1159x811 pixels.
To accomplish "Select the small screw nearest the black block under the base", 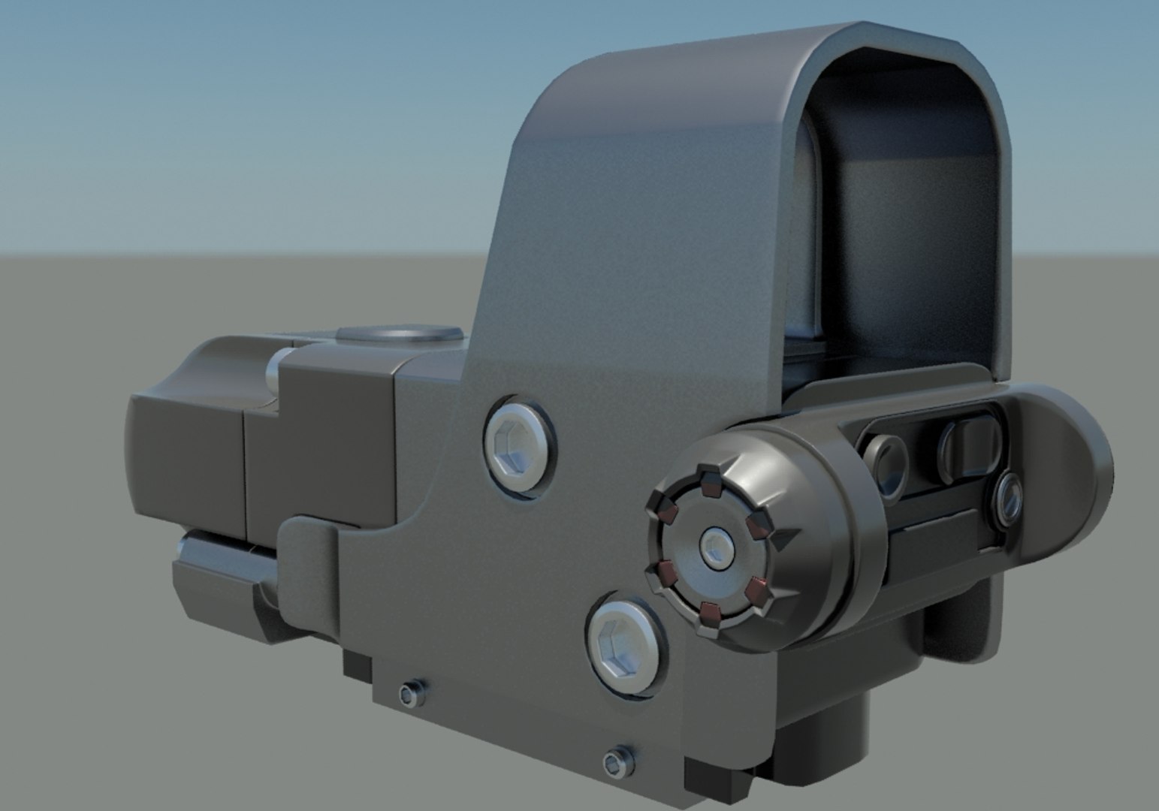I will [410, 693].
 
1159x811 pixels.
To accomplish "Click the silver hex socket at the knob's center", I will [716, 546].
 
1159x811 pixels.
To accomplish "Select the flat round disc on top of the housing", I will [399, 336].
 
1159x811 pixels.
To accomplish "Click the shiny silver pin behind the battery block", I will [280, 366].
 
